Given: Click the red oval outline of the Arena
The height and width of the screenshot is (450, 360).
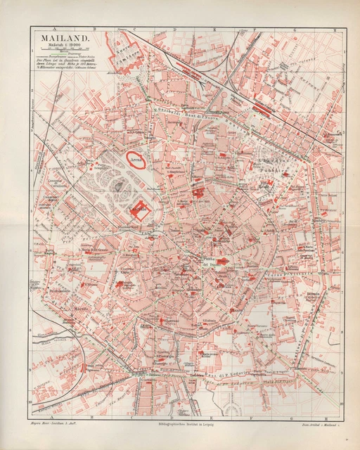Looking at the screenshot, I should pos(136,161).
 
